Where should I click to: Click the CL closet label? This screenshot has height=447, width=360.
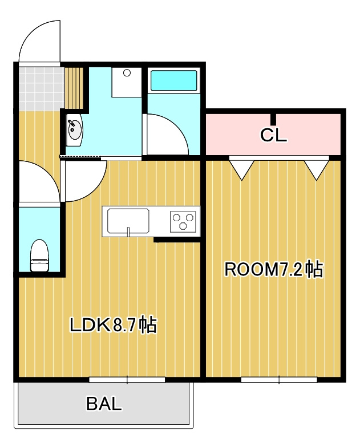point(273,135)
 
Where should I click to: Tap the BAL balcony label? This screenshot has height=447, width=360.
point(104,404)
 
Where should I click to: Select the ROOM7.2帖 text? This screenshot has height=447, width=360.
point(274,269)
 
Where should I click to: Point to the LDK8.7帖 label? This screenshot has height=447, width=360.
point(114,325)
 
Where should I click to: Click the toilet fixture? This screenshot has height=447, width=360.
point(39,255)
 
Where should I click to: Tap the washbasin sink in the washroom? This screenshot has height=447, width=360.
point(75,130)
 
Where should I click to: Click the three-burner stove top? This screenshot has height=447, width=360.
point(183,221)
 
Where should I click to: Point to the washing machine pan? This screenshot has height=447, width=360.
point(127,82)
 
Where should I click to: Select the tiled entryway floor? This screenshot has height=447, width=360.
point(40,89)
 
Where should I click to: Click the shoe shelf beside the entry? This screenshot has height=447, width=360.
point(74,88)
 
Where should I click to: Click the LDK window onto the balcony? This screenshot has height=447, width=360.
point(127,380)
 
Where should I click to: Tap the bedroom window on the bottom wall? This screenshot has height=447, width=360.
point(279,380)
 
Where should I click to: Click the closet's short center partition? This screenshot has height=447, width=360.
point(273,120)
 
